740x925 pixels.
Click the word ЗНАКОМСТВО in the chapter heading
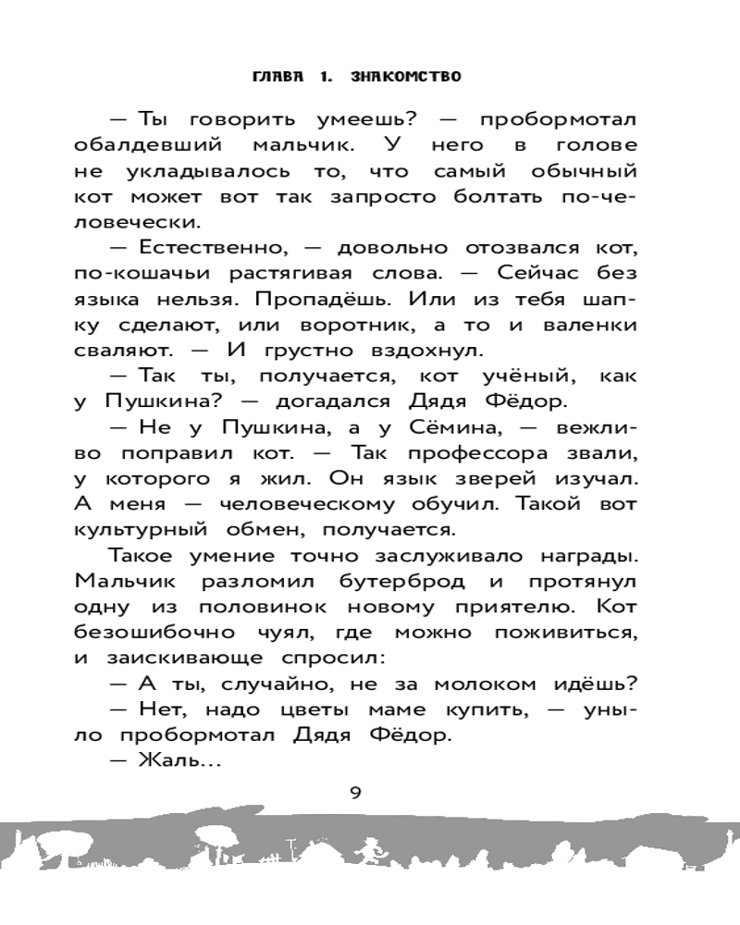(x=407, y=77)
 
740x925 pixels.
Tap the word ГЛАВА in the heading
(x=279, y=77)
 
